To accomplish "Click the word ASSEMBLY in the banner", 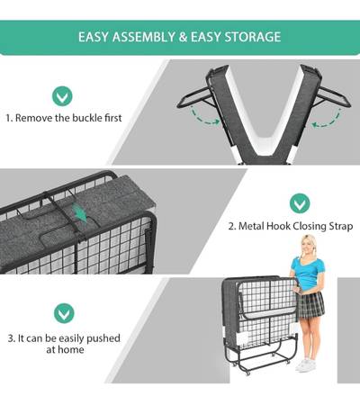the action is click(144, 37).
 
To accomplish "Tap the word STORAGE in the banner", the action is click(253, 37).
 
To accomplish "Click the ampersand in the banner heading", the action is click(183, 37).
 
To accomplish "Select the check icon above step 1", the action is click(62, 96).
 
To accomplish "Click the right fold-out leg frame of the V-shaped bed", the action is click(333, 98).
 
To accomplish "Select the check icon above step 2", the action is click(300, 203).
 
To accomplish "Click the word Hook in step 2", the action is click(279, 226).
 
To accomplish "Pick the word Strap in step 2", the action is click(341, 227).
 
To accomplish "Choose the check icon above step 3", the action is click(64, 313).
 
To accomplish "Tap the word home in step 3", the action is click(71, 349).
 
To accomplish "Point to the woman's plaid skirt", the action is click(310, 304).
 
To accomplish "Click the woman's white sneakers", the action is click(306, 365).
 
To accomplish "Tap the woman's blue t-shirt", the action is click(308, 273).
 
